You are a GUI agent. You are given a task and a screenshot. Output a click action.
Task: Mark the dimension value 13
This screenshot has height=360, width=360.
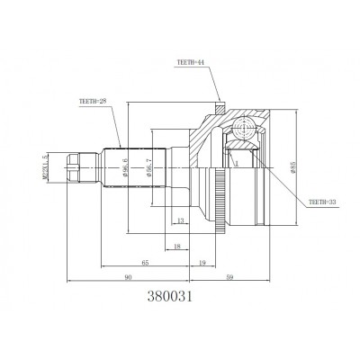pyautogui.click(x=181, y=220)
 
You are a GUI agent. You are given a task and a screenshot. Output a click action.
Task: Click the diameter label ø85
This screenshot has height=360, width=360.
pyautogui.click(x=292, y=166)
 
